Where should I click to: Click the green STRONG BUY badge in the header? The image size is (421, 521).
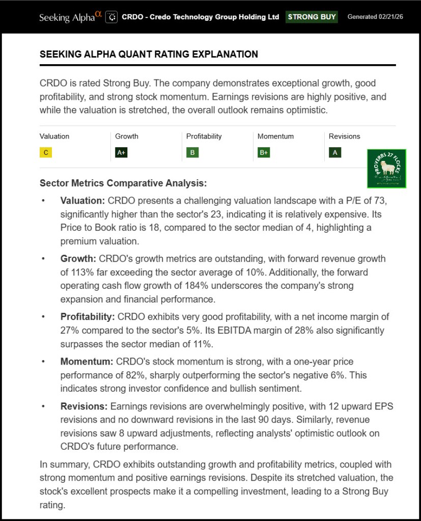[x=312, y=17]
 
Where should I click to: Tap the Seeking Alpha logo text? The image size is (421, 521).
[x=67, y=17]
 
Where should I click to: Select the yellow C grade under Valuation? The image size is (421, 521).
[x=46, y=152]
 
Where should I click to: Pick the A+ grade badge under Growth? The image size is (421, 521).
[x=121, y=152]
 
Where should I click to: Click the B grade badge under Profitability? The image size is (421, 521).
[x=192, y=152]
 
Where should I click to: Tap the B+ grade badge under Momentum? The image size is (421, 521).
[x=264, y=152]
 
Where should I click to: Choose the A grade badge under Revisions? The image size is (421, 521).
[x=335, y=152]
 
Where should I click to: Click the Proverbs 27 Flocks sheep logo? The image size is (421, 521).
[x=386, y=169]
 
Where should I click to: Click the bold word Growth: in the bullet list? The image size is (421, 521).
[x=78, y=259]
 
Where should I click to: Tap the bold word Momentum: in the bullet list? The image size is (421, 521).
[x=87, y=362]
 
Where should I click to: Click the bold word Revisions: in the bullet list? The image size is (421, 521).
[x=84, y=406]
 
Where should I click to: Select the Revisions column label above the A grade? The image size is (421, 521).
[x=344, y=136]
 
